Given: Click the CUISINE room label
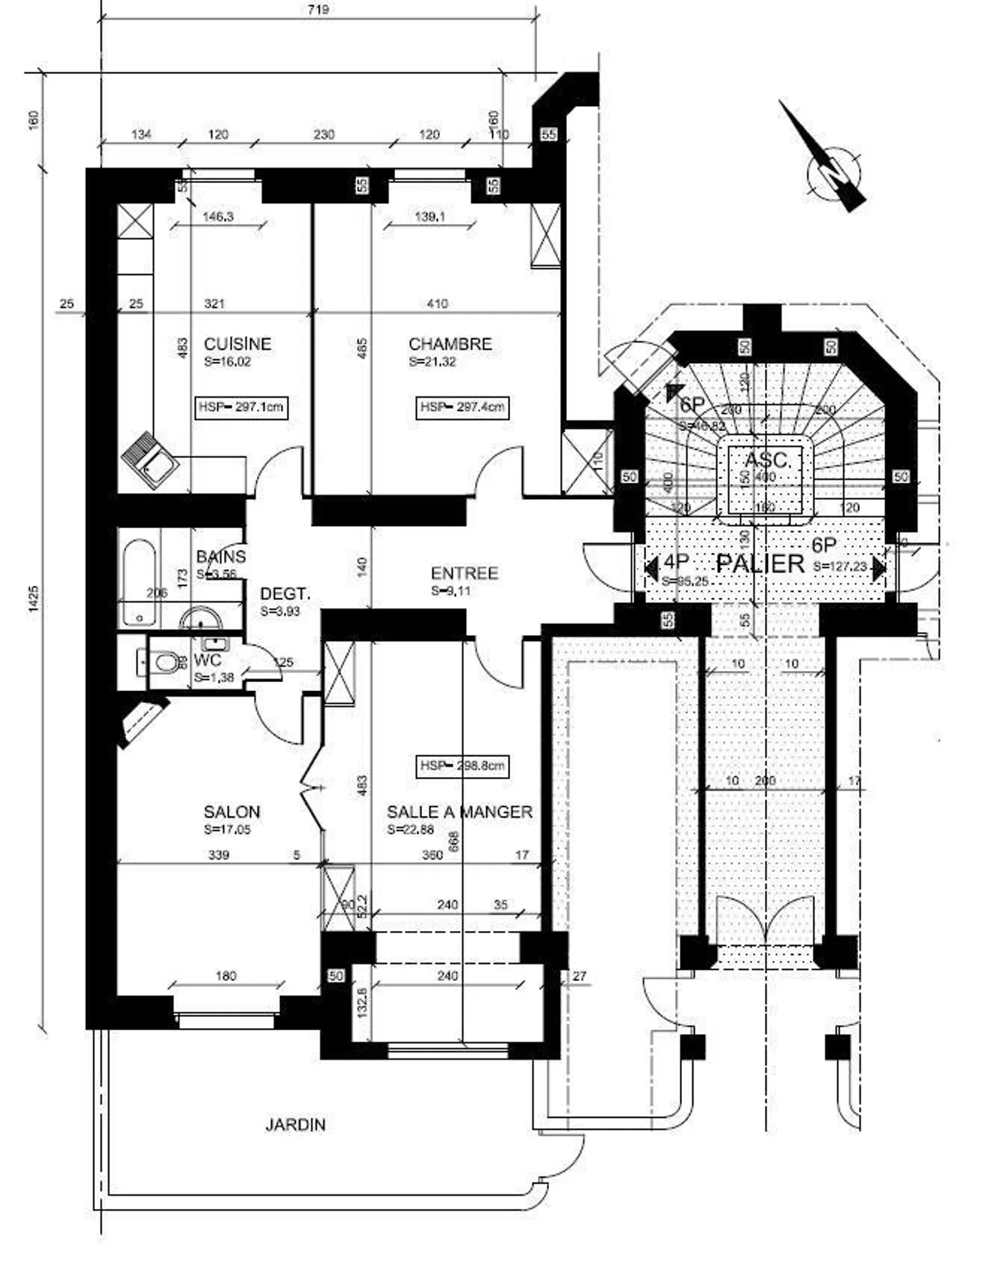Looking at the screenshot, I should [x=237, y=344].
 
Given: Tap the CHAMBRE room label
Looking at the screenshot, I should [x=450, y=344].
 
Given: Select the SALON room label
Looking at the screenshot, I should [x=231, y=812].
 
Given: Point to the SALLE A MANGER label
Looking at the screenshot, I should [x=459, y=812].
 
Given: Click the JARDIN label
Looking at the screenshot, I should [x=295, y=1124].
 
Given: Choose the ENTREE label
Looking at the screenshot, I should [x=464, y=573].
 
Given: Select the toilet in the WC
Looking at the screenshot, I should [x=164, y=663].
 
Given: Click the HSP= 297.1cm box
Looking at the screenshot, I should [x=240, y=407].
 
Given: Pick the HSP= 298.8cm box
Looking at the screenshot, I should [x=462, y=766].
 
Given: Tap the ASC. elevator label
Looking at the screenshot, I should [x=767, y=460].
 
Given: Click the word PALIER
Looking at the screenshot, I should [x=760, y=564].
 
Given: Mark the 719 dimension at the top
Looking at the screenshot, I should [x=318, y=10].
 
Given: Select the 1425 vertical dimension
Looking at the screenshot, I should [x=34, y=598].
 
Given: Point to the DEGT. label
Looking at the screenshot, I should [x=284, y=594].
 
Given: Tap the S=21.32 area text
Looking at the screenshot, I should [x=432, y=362].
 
